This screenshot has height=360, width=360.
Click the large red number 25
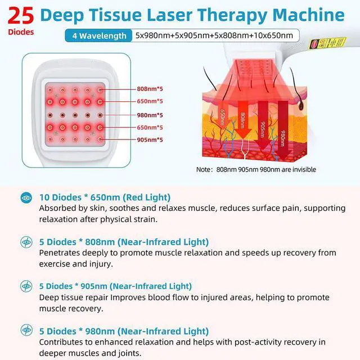[20, 15]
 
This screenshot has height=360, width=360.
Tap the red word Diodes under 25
[20, 32]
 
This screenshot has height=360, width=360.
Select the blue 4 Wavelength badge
[99, 36]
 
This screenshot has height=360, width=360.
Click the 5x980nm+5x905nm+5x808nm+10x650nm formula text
[214, 36]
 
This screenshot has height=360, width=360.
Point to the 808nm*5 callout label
[150, 89]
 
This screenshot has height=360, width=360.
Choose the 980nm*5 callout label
[150, 114]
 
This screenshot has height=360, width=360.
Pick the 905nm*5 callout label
[150, 139]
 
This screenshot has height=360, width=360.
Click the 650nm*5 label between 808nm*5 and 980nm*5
[150, 101]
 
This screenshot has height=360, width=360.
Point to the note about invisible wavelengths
[256, 169]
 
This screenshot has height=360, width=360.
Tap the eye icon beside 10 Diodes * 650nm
[26, 197]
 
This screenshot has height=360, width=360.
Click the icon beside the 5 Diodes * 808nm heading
[26, 242]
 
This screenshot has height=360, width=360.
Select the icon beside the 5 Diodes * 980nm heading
[26, 331]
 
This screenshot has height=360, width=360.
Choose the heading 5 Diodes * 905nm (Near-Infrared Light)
[115, 286]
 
